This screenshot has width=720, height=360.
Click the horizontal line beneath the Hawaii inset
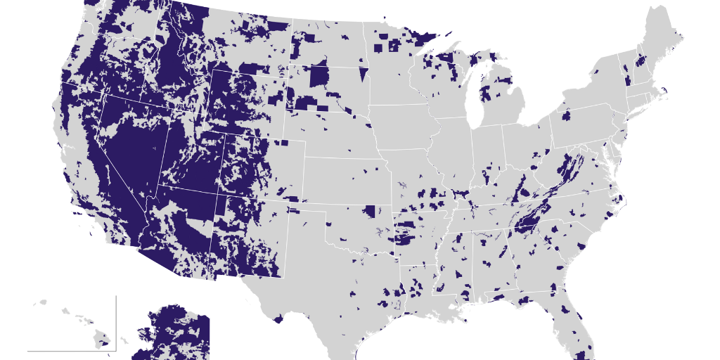[x=70, y=350]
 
